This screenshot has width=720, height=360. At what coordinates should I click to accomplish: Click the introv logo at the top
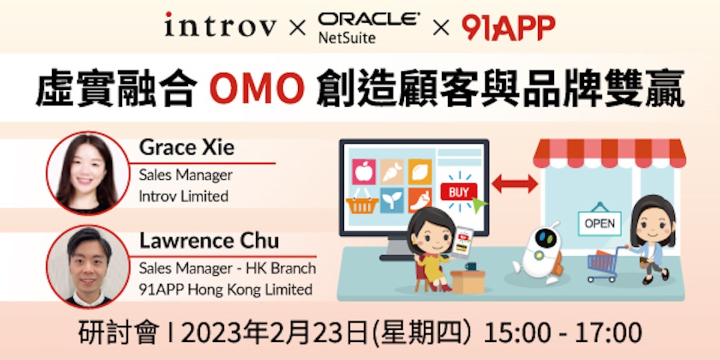click(220, 27)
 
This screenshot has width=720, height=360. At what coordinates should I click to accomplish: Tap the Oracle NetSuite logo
click(369, 27)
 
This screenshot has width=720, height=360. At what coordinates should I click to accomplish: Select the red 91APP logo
click(508, 27)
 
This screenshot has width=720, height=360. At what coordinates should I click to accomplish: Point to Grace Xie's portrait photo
click(87, 173)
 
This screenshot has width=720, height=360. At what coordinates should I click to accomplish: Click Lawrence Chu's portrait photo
click(87, 265)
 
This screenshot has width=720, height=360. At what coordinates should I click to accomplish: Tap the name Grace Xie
click(187, 147)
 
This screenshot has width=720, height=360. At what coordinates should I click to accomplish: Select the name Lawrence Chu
click(209, 241)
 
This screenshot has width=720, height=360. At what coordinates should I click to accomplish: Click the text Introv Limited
click(183, 196)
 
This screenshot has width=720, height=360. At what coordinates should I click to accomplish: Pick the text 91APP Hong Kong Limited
click(225, 289)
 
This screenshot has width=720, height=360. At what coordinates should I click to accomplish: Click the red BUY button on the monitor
click(459, 193)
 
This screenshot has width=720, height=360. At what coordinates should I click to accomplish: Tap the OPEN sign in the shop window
click(599, 223)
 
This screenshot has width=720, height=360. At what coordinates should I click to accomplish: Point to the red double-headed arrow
click(514, 183)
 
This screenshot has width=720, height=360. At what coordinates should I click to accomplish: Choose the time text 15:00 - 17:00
click(563, 332)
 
